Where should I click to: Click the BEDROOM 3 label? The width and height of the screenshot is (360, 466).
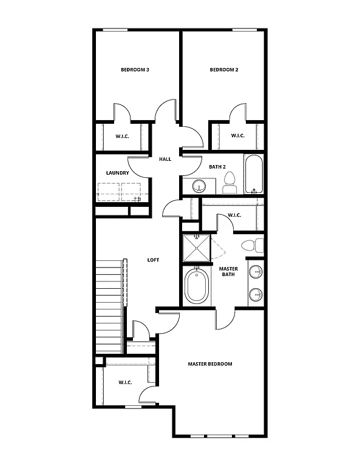tap(135, 70)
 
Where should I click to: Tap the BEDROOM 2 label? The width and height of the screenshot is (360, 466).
tap(223, 70)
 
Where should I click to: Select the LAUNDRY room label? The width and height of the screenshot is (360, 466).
tap(117, 173)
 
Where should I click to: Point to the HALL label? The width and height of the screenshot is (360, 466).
tap(165, 159)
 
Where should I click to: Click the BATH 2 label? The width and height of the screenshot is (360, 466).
tap(217, 166)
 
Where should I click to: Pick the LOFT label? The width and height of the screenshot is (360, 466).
tap(153, 260)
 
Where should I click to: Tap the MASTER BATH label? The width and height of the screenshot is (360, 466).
tap(228, 272)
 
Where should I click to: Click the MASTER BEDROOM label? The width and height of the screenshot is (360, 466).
tap(209, 364)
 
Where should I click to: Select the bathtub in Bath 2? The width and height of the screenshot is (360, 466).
tap(254, 174)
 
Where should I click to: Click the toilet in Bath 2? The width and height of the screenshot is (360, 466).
tap(229, 181)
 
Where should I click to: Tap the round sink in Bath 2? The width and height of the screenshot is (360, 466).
tap(199, 186)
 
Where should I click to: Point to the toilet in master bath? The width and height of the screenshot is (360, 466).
tap(251, 246)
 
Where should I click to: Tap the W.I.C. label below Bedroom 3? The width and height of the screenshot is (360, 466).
tap(123, 136)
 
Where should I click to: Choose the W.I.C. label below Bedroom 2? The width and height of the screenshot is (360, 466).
tap(237, 135)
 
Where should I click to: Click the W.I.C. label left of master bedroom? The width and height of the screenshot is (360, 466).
tap(125, 382)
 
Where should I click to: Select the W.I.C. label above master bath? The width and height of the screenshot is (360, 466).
tap(235, 215)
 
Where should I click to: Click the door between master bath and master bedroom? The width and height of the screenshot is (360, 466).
tap(224, 319)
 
